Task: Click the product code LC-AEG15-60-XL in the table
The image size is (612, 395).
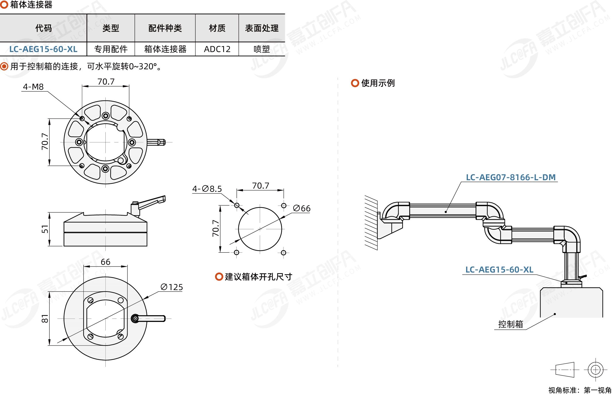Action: click(x=43, y=49)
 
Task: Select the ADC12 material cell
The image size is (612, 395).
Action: click(x=217, y=49)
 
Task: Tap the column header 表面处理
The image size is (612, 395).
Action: click(x=262, y=28)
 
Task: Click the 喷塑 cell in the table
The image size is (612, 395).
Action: click(x=262, y=49)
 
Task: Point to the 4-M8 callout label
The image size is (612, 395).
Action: click(x=33, y=87)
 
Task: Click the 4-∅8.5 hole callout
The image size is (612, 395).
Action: click(x=207, y=189)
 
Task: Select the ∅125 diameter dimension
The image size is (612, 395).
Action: click(x=172, y=287)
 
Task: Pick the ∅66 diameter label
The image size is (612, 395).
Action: click(x=302, y=208)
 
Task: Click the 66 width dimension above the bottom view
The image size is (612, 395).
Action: click(x=105, y=262)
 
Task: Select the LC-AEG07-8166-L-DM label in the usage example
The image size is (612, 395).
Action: click(x=511, y=177)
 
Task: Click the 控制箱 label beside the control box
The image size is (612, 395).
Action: click(x=510, y=324)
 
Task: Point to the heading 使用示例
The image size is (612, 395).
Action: click(x=378, y=83)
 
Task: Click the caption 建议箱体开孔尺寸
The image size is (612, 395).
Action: click(x=258, y=277)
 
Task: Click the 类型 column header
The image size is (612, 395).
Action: click(x=111, y=28)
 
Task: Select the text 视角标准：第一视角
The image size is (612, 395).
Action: click(x=580, y=390)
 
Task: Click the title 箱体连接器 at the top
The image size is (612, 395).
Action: click(x=31, y=5)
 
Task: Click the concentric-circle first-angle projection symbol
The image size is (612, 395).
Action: click(x=595, y=370)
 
